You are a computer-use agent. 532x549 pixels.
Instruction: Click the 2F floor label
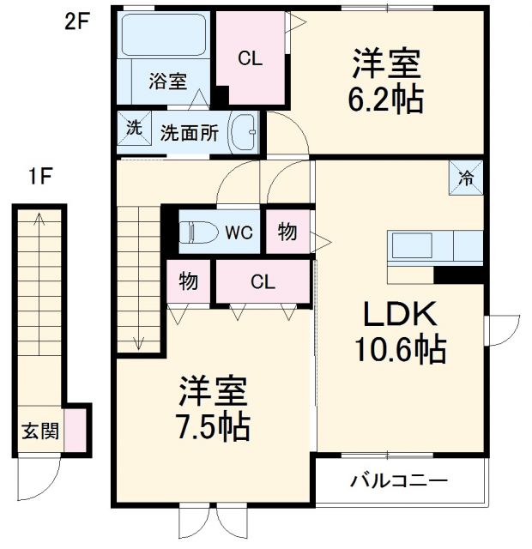[76, 21]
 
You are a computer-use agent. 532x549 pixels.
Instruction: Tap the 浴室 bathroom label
[167, 81]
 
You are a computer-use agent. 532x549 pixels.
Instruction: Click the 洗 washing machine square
[134, 128]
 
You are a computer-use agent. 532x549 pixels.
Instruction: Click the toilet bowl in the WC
[196, 232]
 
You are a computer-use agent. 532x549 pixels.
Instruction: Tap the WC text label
[238, 232]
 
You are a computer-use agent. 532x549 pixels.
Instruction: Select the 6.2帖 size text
[386, 100]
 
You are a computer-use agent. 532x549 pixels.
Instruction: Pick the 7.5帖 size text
[213, 425]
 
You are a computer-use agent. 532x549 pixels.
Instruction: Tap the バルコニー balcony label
[398, 481]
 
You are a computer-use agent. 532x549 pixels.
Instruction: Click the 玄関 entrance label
[40, 431]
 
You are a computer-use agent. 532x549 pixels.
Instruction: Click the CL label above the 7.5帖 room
[263, 281]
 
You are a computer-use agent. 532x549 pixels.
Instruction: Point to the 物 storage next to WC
[287, 232]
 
